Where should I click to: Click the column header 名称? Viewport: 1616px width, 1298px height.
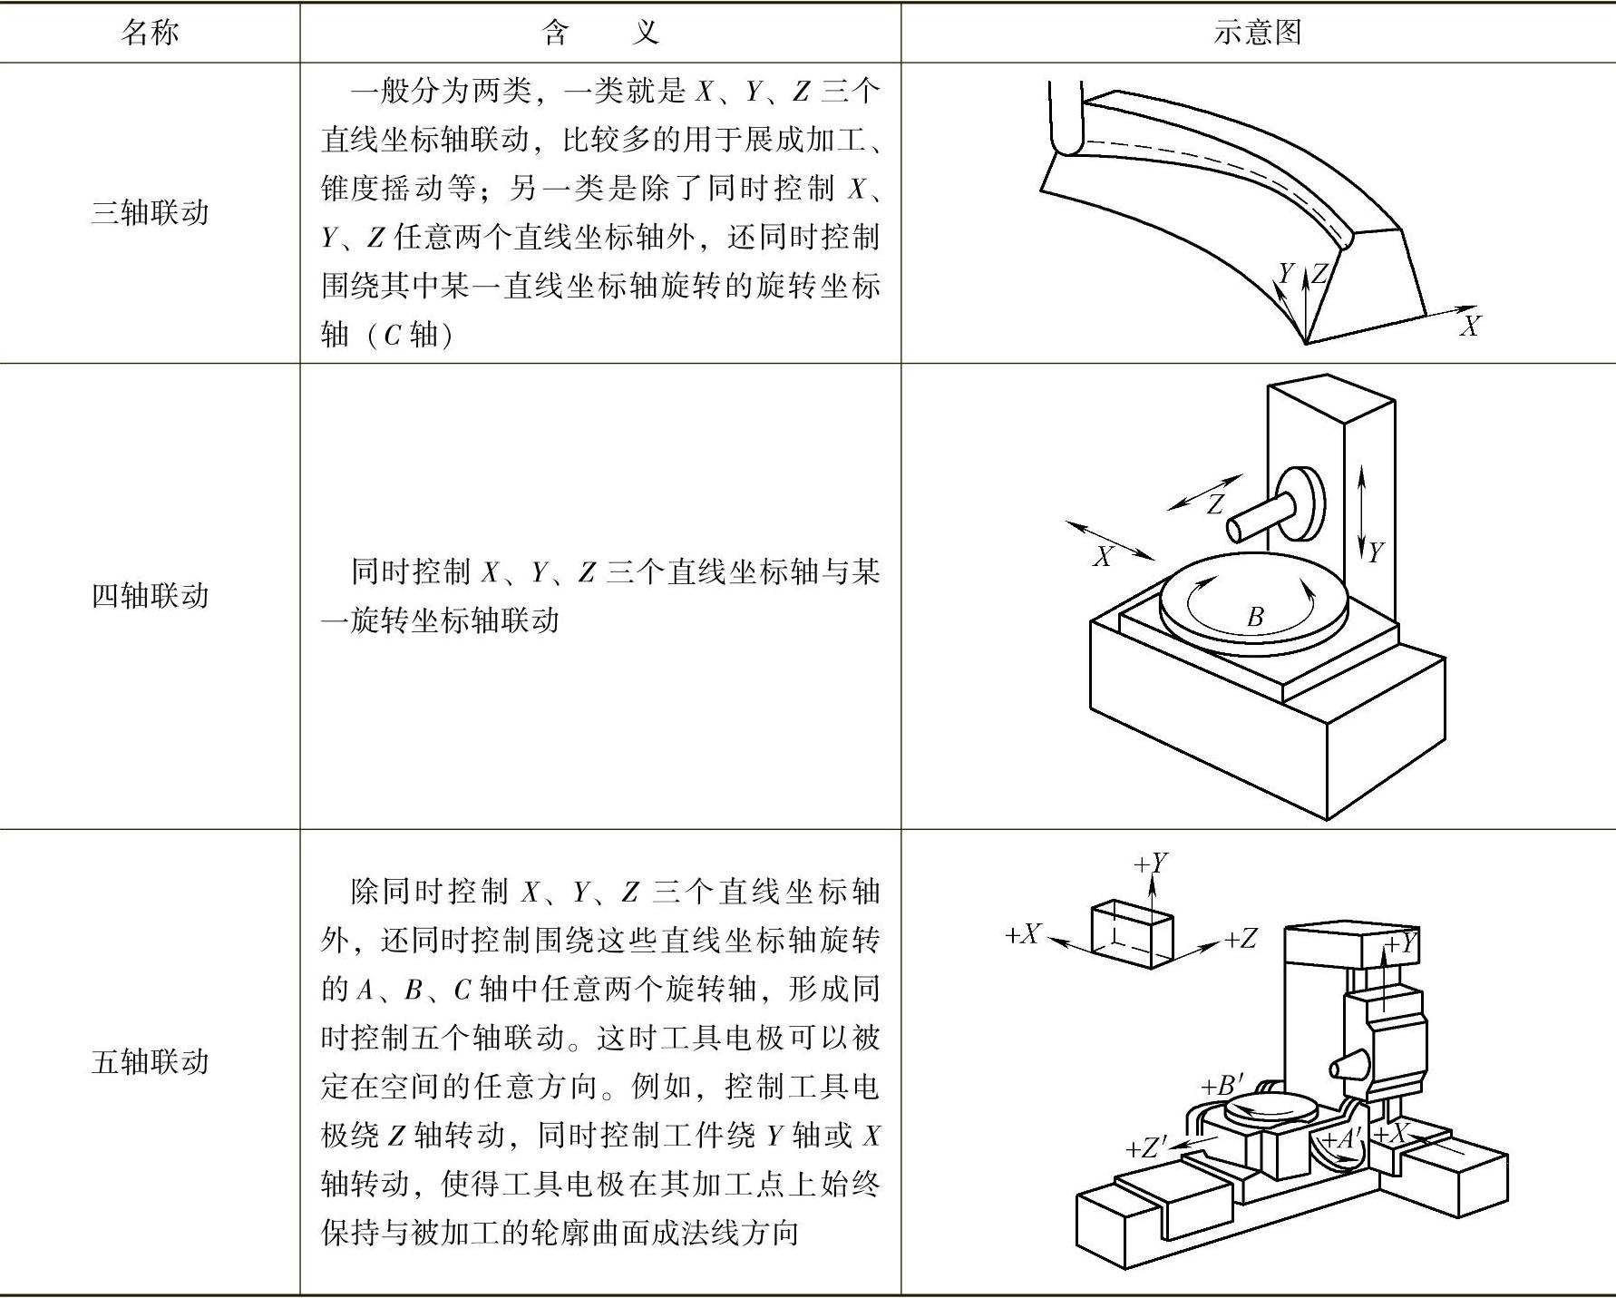[150, 33]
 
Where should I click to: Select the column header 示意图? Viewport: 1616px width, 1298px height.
[1257, 33]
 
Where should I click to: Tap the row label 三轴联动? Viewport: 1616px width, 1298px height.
[150, 212]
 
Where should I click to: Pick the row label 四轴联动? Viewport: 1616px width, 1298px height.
[150, 595]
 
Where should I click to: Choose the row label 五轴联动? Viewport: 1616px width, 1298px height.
[150, 1060]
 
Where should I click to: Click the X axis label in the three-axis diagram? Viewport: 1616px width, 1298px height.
[1469, 326]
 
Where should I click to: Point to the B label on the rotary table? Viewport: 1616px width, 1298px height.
[1255, 618]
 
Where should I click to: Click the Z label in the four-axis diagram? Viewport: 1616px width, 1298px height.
[1215, 504]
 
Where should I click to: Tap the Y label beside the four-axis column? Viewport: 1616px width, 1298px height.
[1376, 551]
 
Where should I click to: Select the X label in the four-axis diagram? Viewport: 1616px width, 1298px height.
[1103, 556]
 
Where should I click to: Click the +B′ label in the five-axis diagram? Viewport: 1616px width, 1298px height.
[1222, 1085]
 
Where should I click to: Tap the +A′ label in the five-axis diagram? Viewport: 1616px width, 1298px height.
[1341, 1139]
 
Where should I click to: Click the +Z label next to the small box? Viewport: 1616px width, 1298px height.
[1241, 939]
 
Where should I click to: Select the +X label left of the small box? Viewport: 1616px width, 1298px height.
[1023, 934]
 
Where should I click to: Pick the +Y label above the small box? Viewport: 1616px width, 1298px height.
[1151, 863]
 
